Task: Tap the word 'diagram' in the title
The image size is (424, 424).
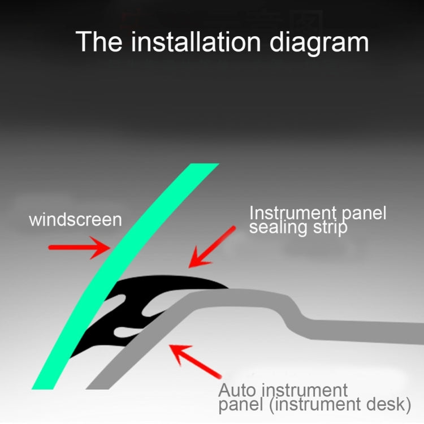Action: pos(319,44)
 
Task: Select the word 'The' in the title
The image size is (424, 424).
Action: pos(99,41)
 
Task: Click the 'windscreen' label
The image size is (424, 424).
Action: pos(75,219)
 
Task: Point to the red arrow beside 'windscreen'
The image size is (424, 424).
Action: pos(80,248)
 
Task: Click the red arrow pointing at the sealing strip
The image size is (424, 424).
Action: pos(212,247)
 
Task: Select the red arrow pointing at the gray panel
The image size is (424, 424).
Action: pos(195,361)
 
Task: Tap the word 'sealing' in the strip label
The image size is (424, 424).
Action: pos(278,227)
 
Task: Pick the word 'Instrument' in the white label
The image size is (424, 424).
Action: pos(293,213)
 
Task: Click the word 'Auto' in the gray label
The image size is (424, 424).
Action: pos(237,390)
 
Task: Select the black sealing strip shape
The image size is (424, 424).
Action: pos(141,303)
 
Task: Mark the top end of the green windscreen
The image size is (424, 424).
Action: pos(205,164)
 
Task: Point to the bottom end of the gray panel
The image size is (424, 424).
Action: pos(97,389)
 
